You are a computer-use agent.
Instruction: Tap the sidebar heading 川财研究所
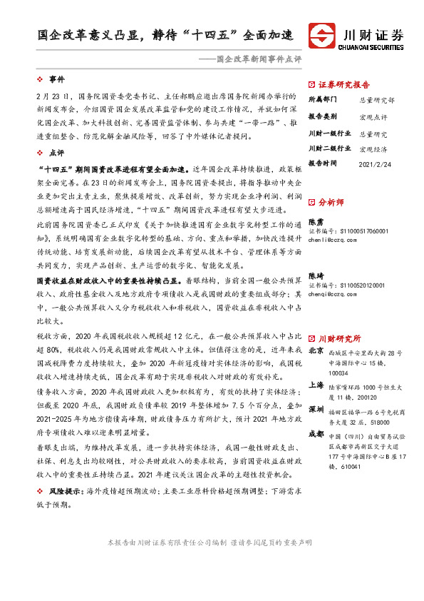pos(338,338)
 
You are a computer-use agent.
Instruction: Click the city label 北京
pos(316,351)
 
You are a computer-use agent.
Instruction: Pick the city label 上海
pos(316,384)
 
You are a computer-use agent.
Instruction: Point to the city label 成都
pos(316,433)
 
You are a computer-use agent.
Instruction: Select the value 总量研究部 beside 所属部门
pos(375,101)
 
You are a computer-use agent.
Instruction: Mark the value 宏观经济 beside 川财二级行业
pos(373,149)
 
